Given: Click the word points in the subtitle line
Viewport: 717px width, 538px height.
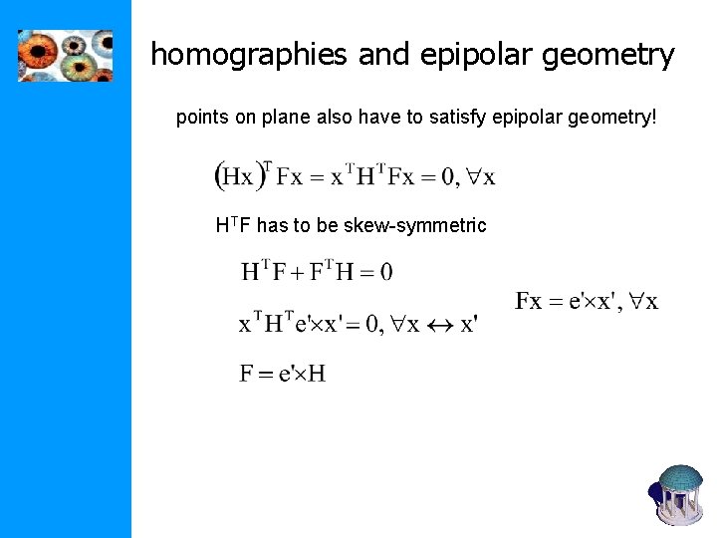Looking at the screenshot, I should pos(201,118).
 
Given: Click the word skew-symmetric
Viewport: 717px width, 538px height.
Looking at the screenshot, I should pos(415,225).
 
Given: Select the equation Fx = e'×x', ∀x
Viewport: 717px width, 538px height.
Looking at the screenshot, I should pos(586,301).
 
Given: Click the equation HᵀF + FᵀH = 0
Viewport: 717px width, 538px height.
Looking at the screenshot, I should pos(317,271).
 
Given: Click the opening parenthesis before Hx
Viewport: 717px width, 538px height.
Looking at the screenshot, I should pos(219,176).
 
